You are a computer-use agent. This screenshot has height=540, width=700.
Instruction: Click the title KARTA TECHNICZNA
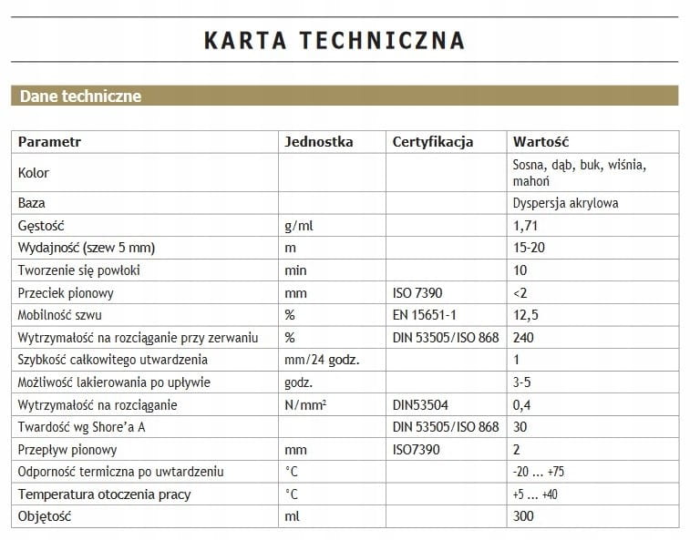(334, 40)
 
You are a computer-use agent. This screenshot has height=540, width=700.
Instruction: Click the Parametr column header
(49, 142)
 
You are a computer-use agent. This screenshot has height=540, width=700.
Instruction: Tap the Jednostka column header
(318, 142)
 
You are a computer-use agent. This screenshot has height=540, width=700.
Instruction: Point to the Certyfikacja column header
(432, 142)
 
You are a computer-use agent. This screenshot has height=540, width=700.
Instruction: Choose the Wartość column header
(540, 142)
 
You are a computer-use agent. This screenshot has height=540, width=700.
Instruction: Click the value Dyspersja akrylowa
(565, 203)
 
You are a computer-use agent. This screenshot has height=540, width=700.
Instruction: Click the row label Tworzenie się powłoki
(78, 270)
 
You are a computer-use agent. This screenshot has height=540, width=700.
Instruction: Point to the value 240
(523, 338)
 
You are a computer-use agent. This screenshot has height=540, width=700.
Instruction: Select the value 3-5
(523, 382)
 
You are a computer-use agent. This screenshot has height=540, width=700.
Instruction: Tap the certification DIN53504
(420, 405)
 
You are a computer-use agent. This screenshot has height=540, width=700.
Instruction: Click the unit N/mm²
(305, 405)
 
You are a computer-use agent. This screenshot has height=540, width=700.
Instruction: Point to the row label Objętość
(45, 516)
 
